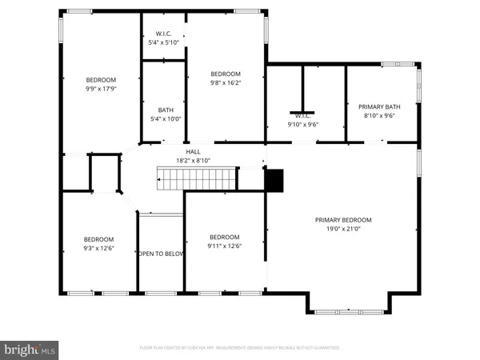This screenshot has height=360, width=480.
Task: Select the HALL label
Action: pyautogui.click(x=193, y=150)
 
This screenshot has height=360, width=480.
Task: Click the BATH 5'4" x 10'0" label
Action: pyautogui.click(x=166, y=110)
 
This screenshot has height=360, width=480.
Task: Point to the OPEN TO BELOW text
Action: pyautogui.click(x=161, y=254)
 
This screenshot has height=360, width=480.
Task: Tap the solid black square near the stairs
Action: pyautogui.click(x=274, y=181)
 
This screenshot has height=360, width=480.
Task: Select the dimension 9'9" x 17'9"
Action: pyautogui.click(x=102, y=89)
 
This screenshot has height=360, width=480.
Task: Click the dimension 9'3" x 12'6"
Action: pyautogui.click(x=99, y=248)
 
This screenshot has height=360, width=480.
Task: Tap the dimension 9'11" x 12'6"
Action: pyautogui.click(x=225, y=246)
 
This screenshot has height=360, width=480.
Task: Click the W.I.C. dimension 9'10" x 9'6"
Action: pyautogui.click(x=303, y=125)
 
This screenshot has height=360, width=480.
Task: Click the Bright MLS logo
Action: pyautogui.click(x=30, y=348)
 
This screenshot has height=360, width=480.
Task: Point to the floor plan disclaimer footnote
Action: pyautogui.click(x=239, y=348)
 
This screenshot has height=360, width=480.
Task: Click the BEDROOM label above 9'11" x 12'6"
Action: pyautogui.click(x=225, y=237)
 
